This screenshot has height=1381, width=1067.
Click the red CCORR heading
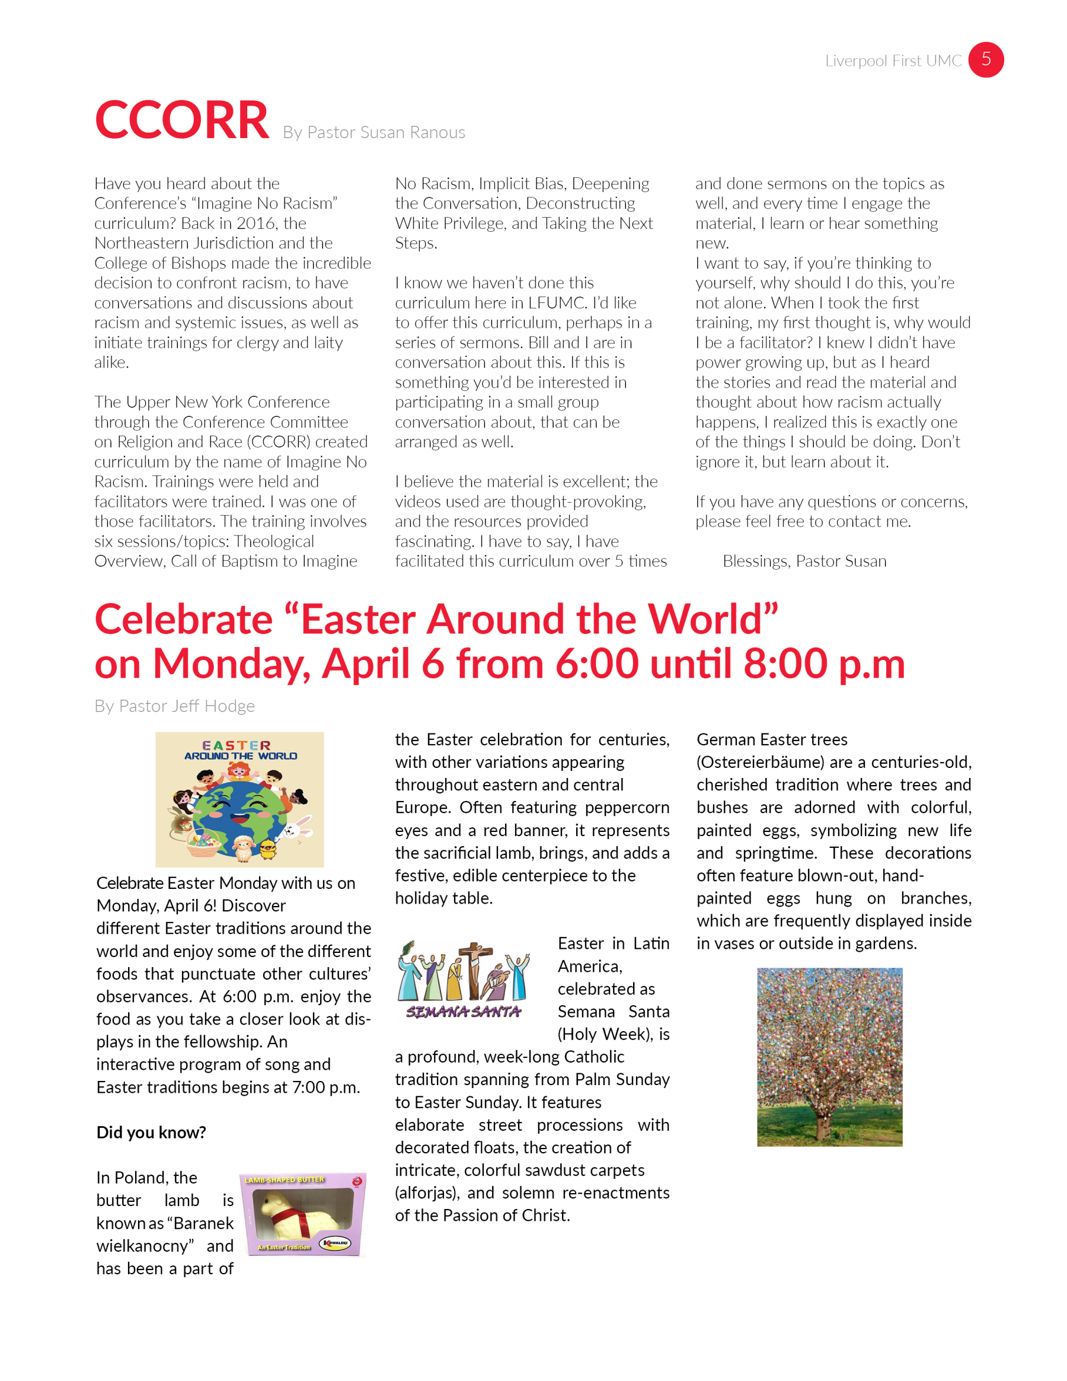(182, 120)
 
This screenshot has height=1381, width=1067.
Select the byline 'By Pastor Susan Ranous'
(373, 132)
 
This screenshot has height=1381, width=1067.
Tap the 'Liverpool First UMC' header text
(893, 60)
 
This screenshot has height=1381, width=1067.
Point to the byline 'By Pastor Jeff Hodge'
(174, 706)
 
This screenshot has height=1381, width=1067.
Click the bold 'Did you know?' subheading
(151, 1132)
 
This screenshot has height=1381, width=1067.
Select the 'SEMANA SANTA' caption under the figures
(464, 1012)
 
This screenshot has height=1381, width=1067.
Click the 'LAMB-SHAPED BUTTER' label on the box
(285, 1180)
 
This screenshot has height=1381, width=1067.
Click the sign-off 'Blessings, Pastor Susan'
(804, 561)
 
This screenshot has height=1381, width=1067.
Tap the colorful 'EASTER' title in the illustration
(237, 745)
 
